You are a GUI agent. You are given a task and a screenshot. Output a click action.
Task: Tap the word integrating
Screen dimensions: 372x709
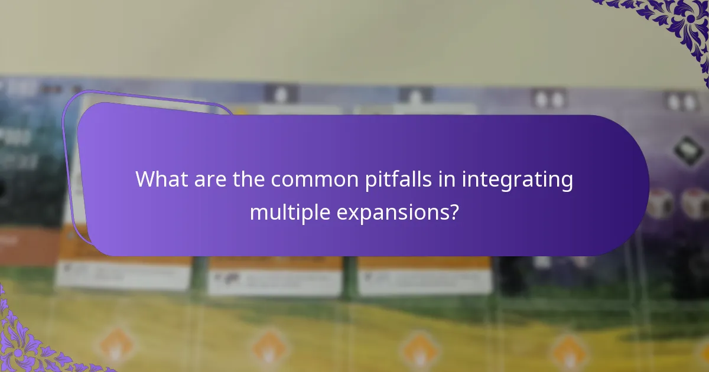(x=518, y=180)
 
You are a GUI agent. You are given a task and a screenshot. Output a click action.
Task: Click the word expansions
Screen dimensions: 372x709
(x=394, y=211)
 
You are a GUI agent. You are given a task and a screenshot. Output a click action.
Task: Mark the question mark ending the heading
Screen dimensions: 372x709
(x=453, y=211)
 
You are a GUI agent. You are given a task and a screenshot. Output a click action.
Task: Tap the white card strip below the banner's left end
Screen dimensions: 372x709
(x=124, y=275)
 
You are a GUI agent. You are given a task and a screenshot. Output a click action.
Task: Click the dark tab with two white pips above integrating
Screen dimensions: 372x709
(x=549, y=98)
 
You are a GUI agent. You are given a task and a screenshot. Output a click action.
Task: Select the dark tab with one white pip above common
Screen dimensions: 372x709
(x=281, y=93)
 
